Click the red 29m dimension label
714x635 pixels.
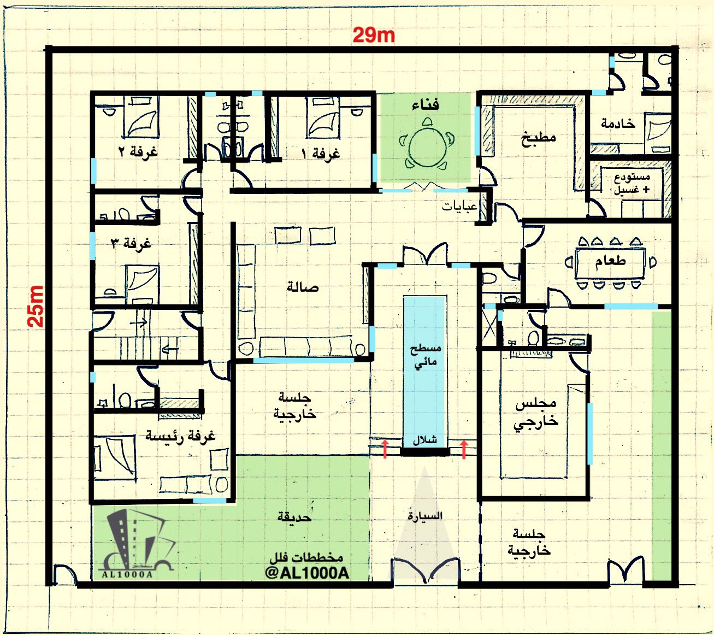[x=374, y=36]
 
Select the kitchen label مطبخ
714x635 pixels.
[x=538, y=137]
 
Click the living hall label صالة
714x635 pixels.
[x=303, y=287]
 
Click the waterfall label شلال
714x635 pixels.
[x=425, y=440]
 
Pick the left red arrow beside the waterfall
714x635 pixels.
[x=385, y=449]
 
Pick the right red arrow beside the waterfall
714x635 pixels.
[x=464, y=449]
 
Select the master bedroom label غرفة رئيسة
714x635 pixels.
[x=180, y=436]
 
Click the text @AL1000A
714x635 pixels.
[x=307, y=573]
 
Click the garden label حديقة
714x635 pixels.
[x=294, y=518]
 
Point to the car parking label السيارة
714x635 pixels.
[x=424, y=516]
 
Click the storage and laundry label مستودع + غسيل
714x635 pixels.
[x=632, y=183]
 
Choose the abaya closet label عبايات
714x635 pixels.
[x=459, y=207]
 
